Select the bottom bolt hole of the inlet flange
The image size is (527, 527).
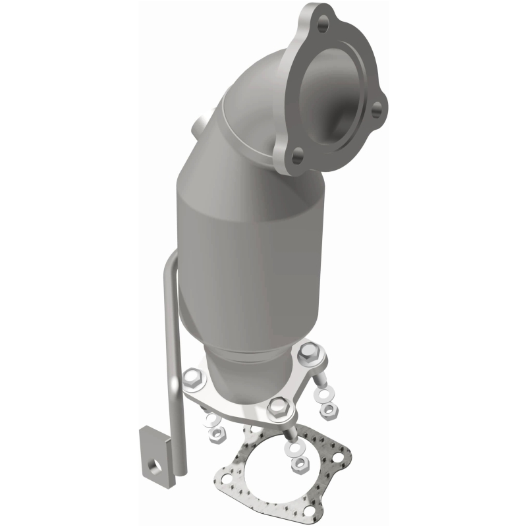[x=298, y=156]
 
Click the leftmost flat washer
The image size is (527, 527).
[x=210, y=420]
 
